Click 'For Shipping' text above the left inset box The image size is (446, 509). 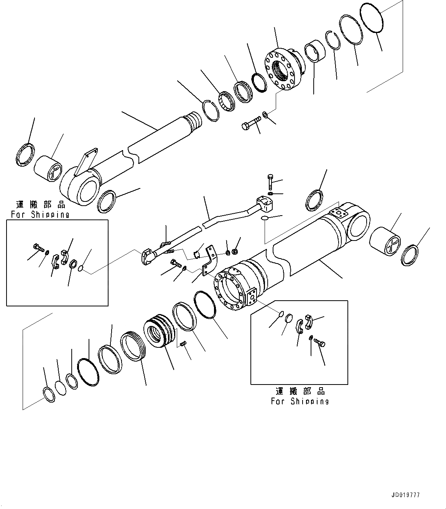tap(40, 214)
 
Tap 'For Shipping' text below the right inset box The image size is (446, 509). tap(300, 401)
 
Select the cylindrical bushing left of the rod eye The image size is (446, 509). tap(48, 168)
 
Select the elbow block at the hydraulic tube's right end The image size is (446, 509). tap(264, 203)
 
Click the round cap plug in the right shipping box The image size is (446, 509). tap(289, 318)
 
